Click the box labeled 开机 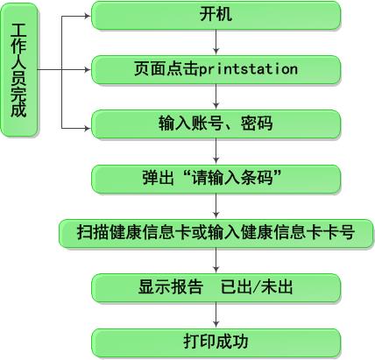pos(216,15)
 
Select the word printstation pos(249,69)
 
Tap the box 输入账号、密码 pos(216,124)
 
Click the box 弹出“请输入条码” pos(216,179)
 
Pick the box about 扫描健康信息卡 pos(216,234)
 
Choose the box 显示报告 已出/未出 pos(216,288)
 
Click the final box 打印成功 pos(216,342)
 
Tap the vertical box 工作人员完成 pos(19,70)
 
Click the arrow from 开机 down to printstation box pos(216,42)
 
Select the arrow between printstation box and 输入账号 pos(216,96)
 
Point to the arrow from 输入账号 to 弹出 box pos(216,151)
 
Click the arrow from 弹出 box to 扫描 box pos(216,206)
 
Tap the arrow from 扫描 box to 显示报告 pos(216,260)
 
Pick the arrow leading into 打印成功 pos(216,314)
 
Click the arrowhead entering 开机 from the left pos(88,16)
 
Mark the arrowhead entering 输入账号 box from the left pos(88,128)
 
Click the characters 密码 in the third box pos(257,124)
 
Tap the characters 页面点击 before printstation pos(166,69)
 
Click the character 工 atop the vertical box pos(18,31)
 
